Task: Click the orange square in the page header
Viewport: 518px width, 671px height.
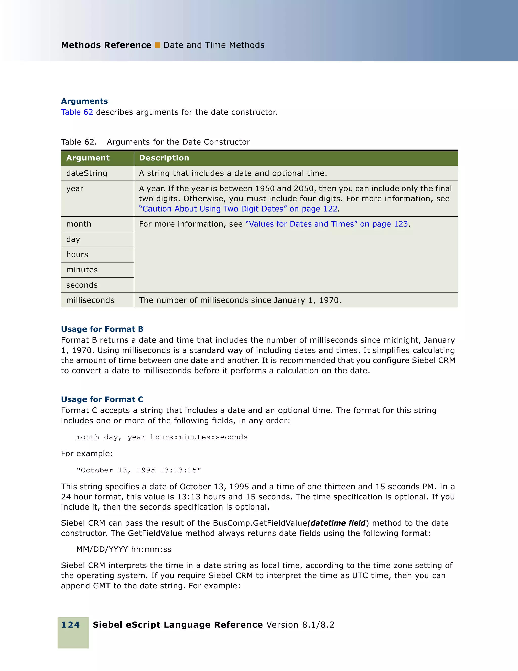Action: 157,45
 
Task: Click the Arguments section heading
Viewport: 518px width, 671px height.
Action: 84,101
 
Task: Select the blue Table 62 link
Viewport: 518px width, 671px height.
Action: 77,112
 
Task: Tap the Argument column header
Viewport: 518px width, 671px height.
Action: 88,158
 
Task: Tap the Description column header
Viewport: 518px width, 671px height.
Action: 164,158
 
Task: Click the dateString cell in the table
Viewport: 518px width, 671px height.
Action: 87,173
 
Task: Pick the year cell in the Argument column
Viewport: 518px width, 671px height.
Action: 75,189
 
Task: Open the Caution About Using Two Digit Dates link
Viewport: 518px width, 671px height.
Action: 238,209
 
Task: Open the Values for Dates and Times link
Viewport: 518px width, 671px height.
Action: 327,224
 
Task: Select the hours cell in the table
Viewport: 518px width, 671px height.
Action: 77,255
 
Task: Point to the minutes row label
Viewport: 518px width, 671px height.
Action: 82,270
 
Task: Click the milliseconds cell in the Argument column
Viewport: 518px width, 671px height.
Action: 90,300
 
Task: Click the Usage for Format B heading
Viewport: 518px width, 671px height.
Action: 102,329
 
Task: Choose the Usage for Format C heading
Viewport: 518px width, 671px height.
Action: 102,399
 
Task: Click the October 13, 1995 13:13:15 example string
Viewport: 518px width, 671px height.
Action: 139,470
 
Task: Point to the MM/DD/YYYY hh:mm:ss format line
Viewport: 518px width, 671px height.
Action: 124,549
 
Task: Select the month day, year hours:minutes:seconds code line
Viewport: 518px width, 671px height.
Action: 162,437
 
